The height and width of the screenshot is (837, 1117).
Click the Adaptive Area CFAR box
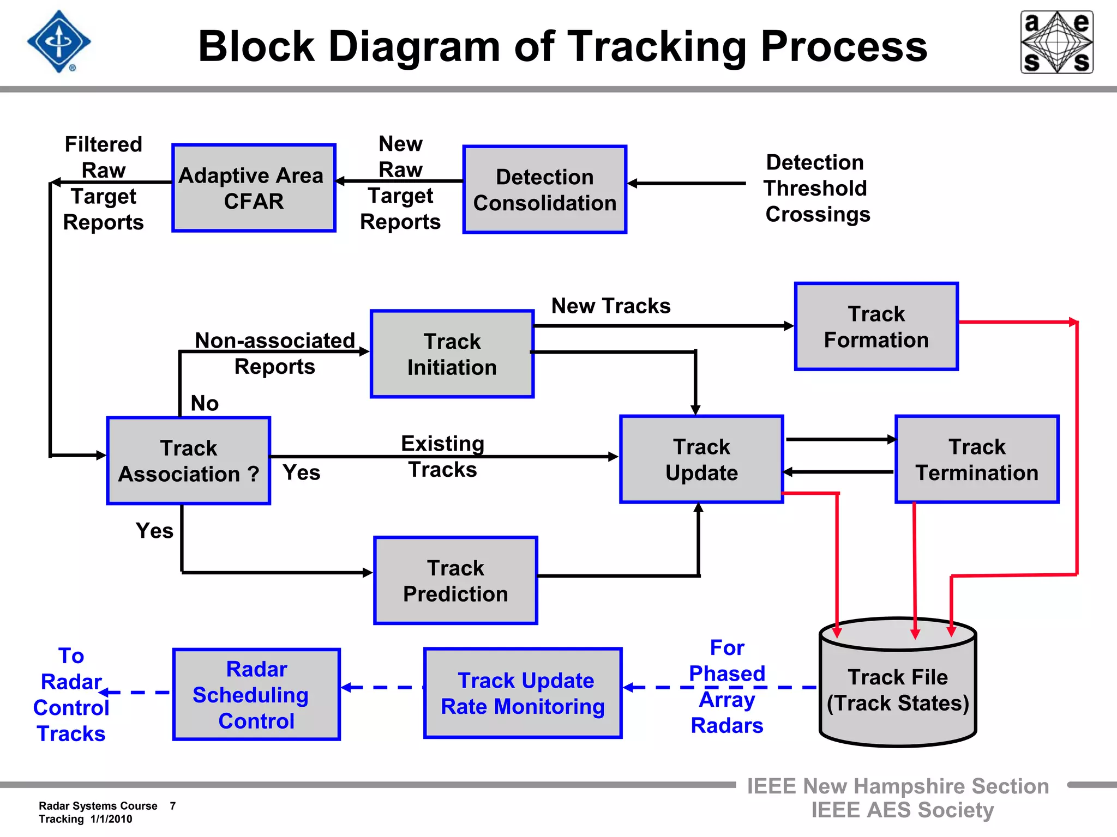(254, 188)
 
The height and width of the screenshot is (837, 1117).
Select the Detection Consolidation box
(544, 190)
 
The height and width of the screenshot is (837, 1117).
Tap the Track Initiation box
(452, 354)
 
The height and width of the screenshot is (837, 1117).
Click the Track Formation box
(876, 326)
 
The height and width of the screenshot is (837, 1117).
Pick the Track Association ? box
(189, 461)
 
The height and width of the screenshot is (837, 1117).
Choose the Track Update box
(701, 459)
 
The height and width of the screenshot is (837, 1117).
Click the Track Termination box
(976, 459)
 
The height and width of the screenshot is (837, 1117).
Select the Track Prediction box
(455, 580)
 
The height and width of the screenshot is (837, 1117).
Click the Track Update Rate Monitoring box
(523, 693)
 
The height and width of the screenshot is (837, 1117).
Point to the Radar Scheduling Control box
(256, 694)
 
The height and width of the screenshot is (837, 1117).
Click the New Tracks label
(610, 306)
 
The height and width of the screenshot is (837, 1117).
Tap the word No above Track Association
(205, 403)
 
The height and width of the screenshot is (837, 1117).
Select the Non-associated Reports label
(275, 353)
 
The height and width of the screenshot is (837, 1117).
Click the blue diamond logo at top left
(59, 41)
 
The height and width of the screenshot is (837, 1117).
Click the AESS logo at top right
(1056, 42)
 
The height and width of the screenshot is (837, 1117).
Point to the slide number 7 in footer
(172, 805)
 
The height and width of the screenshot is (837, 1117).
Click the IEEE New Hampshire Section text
(897, 786)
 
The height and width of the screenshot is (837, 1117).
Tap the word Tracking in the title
(656, 47)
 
